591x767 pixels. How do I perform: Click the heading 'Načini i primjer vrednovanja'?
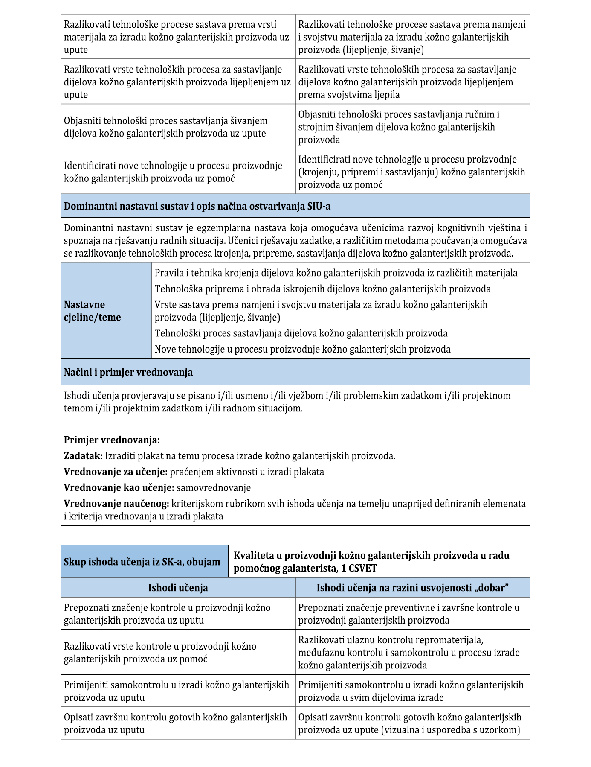tap(128, 372)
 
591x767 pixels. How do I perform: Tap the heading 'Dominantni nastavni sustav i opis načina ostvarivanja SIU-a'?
tap(197, 207)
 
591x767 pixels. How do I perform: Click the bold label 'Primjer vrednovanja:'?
tap(112, 440)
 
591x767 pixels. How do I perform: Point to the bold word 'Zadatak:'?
tap(83, 456)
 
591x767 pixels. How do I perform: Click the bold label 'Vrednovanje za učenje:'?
tap(116, 472)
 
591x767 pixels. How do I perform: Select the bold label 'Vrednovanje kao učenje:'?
tap(119, 487)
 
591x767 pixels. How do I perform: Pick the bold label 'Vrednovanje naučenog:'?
tap(116, 504)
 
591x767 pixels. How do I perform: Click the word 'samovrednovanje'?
tap(214, 487)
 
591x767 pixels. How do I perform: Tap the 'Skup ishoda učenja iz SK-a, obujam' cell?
tap(142, 562)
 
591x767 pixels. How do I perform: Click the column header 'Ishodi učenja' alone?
tap(178, 588)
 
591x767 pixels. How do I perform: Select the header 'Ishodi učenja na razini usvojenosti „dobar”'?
tap(412, 588)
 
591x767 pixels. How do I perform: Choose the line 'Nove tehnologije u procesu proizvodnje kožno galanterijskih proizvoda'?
tap(302, 349)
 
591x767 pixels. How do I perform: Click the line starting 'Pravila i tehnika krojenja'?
tap(336, 273)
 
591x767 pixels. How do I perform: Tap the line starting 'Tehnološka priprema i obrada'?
tap(322, 289)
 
